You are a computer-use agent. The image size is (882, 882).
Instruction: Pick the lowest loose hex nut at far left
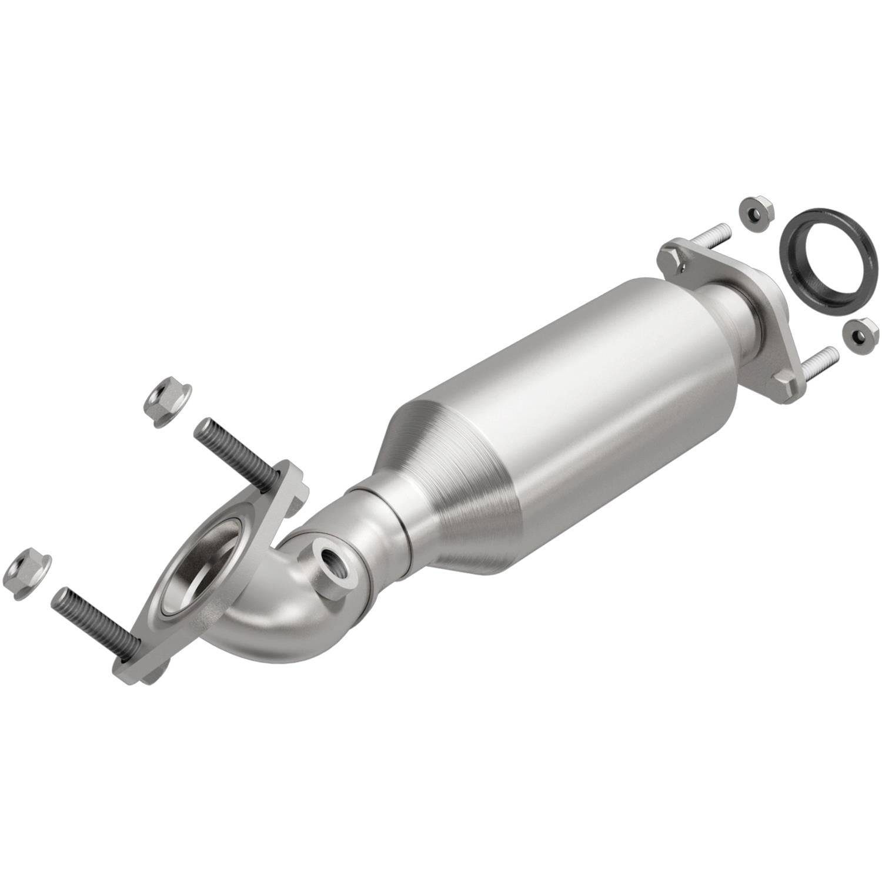[x=27, y=573]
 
